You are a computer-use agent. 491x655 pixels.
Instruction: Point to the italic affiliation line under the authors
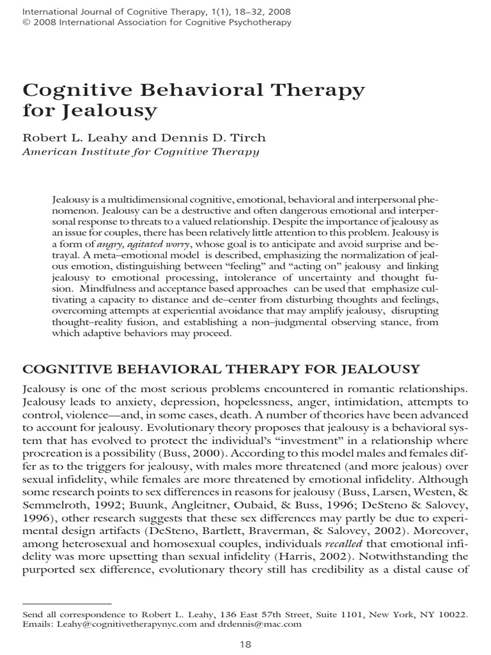[x=141, y=152]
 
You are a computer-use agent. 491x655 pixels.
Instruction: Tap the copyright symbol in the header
[x=26, y=22]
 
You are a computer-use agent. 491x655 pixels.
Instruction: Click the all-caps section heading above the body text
[x=221, y=369]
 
